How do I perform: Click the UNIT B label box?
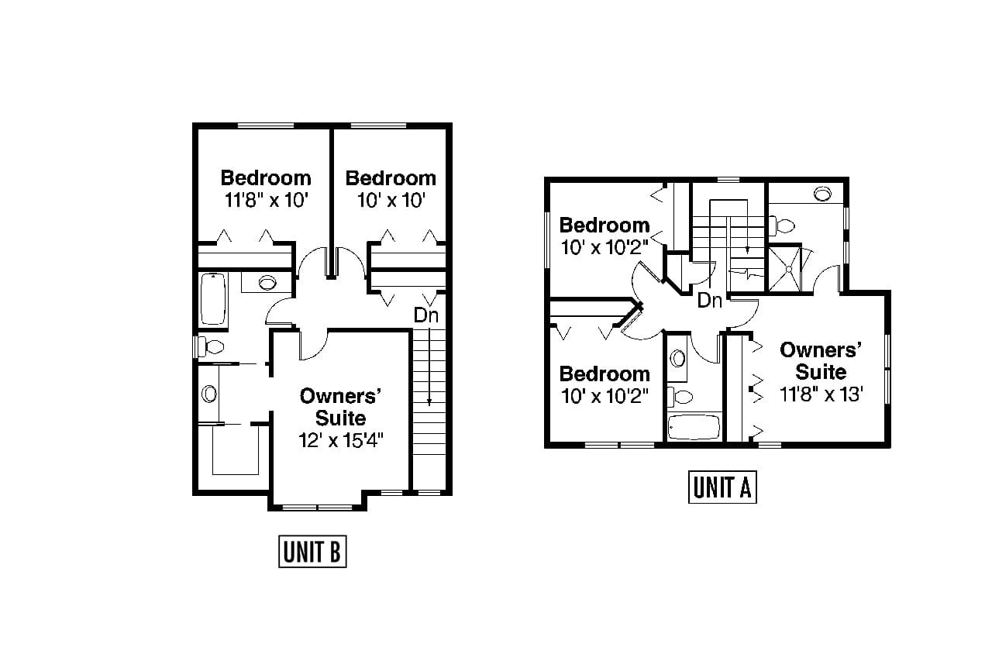tap(312, 552)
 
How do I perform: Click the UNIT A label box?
tap(722, 487)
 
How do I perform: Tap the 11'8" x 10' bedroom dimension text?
tap(267, 200)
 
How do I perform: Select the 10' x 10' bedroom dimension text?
tap(391, 200)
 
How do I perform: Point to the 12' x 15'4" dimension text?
tap(342, 440)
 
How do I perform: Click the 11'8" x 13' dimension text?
tap(821, 394)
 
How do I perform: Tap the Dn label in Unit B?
tap(425, 315)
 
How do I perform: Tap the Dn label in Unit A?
tap(709, 301)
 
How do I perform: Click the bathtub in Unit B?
tap(213, 298)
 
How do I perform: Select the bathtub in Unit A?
tap(694, 427)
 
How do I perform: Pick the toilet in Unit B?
tap(209, 345)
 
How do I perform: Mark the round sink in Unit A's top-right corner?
tap(821, 193)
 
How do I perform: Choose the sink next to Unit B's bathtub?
tap(267, 282)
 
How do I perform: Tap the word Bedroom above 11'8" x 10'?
tap(266, 177)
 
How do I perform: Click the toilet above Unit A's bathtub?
tap(682, 397)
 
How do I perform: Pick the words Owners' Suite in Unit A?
tap(821, 360)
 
